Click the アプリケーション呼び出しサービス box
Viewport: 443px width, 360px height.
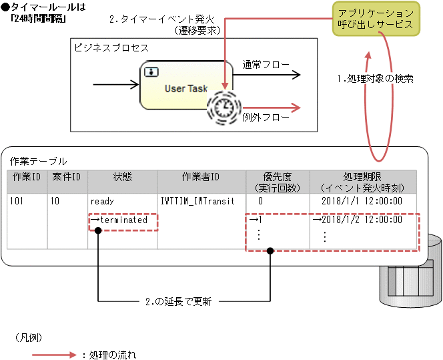point(375,19)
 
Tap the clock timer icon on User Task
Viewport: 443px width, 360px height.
point(225,106)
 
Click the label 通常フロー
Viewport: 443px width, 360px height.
point(266,65)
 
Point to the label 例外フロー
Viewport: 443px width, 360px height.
point(266,117)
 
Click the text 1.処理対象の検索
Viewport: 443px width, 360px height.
point(376,78)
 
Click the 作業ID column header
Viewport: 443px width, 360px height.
point(27,176)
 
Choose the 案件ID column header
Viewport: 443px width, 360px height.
point(67,176)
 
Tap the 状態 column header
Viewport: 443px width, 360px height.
point(123,176)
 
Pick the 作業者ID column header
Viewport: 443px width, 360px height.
point(201,176)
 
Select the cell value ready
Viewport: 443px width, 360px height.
point(102,200)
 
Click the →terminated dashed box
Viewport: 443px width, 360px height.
point(123,220)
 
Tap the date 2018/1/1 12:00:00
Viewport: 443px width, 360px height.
point(361,200)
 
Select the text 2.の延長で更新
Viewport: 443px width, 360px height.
point(178,301)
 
